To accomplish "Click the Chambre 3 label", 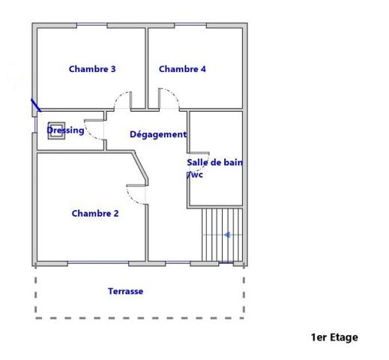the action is (92, 69).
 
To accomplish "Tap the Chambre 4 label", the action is (182, 69).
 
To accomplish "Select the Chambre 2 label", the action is (95, 214).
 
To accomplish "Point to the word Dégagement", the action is (158, 134).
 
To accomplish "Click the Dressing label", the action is (65, 130).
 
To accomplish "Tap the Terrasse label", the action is (126, 291).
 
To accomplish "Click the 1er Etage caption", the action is (334, 337).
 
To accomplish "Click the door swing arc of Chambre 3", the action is (121, 97).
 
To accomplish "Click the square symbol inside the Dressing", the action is (56, 130).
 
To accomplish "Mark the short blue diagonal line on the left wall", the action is (36, 105).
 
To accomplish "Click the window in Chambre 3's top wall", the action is (91, 25).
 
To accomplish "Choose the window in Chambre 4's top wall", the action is (190, 25).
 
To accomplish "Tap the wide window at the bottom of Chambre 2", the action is (98, 262).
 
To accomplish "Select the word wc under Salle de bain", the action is (195, 175).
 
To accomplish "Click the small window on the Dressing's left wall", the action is (35, 124).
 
